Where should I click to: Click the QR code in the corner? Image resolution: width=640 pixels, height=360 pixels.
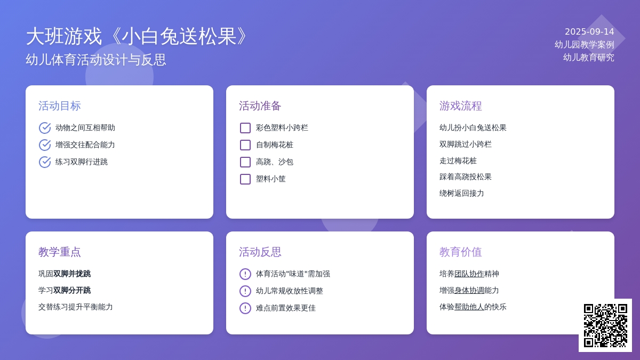tap(605, 325)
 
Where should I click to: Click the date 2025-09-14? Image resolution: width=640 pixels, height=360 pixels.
tap(589, 31)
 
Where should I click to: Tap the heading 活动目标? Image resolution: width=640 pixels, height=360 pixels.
tap(60, 106)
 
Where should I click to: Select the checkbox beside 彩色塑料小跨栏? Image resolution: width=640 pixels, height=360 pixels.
tap(245, 128)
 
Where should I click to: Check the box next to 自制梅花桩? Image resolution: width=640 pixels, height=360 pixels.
tap(245, 145)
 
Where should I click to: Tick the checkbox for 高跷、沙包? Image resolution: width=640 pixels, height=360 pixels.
tap(245, 162)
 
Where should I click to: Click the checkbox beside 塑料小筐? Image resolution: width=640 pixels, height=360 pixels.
tap(245, 179)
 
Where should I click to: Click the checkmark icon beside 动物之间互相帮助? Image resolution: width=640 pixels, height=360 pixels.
tap(45, 128)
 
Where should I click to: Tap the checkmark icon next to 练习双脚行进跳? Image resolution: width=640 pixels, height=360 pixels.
tap(45, 162)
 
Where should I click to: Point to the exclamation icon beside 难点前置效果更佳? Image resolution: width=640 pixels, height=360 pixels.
tap(245, 308)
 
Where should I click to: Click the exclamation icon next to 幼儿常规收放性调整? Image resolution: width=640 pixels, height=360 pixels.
tap(245, 291)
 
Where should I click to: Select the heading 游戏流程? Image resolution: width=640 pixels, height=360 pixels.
tap(461, 106)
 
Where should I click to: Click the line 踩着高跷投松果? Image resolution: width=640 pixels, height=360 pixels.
tap(466, 177)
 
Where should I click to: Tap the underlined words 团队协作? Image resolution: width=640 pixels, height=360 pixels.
tap(469, 274)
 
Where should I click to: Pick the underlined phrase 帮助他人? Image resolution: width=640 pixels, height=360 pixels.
tap(469, 307)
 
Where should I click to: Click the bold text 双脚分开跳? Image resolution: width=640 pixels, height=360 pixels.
tap(72, 291)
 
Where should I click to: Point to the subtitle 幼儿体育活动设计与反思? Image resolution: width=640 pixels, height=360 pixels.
tap(96, 60)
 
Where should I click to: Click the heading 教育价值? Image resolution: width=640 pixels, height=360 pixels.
tap(461, 252)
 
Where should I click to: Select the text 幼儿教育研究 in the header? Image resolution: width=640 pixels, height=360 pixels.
tap(589, 58)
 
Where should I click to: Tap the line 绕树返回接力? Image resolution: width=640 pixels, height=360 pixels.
tap(462, 194)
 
